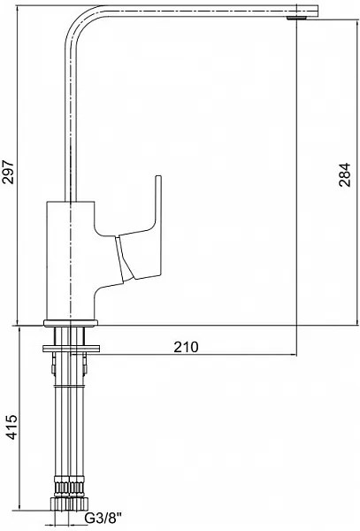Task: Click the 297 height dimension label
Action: tap(8, 172)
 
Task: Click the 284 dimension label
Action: tap(345, 174)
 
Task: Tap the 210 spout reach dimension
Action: tap(186, 347)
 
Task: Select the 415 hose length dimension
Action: tap(12, 427)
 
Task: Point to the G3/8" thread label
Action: tap(103, 518)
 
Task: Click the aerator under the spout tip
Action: tap(296, 18)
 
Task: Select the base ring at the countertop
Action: tap(71, 323)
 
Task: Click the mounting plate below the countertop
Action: tap(71, 349)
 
